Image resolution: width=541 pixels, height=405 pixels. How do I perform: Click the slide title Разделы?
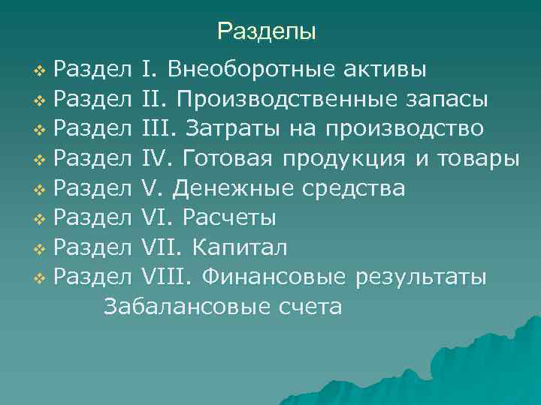click(267, 31)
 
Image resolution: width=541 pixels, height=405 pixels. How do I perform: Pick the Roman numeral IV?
click(156, 159)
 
